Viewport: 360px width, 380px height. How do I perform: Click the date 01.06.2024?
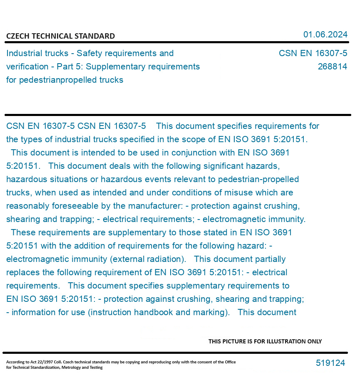[x=325, y=35]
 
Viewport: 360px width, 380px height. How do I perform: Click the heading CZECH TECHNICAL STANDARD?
[x=60, y=36]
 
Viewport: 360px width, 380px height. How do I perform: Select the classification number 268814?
[x=332, y=67]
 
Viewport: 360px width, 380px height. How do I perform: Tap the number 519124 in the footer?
[x=330, y=363]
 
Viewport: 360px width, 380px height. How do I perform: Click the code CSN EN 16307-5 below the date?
[x=313, y=53]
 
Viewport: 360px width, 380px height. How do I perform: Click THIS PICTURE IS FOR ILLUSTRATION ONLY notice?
[x=265, y=341]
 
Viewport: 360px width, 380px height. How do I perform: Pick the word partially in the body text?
[x=269, y=259]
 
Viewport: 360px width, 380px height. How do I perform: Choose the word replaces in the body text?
[x=24, y=272]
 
